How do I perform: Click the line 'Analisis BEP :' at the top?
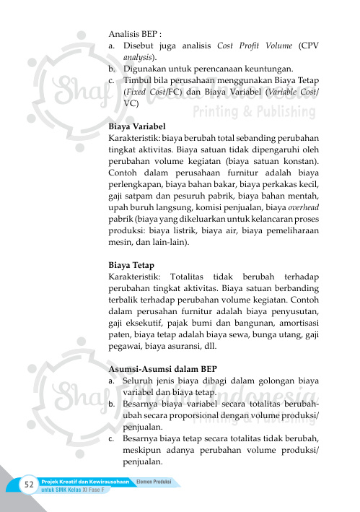[135, 34]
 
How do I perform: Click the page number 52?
[30, 483]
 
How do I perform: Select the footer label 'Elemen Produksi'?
[154, 480]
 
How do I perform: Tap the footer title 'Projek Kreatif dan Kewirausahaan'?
[85, 481]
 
